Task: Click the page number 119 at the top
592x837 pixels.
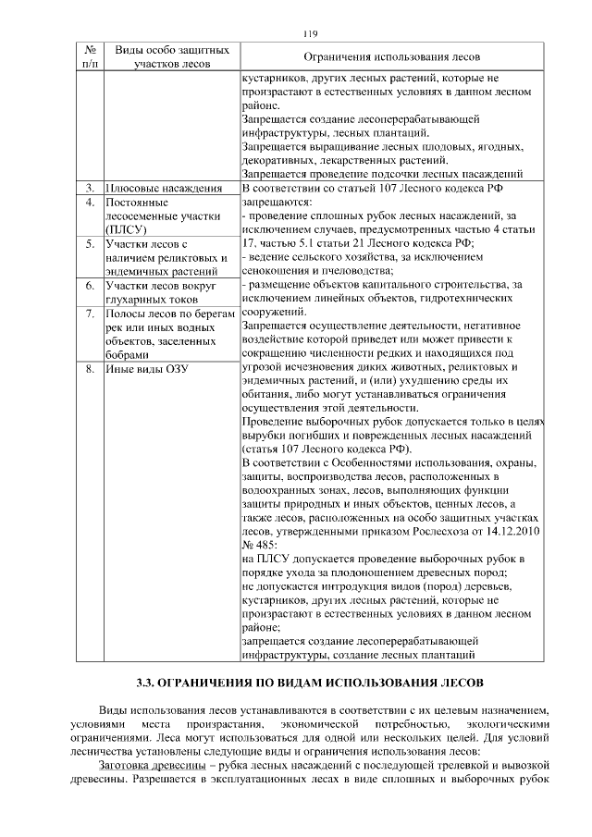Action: [x=310, y=34]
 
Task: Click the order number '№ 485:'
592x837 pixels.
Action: [x=260, y=547]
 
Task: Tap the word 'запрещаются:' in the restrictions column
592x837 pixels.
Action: [x=277, y=202]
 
